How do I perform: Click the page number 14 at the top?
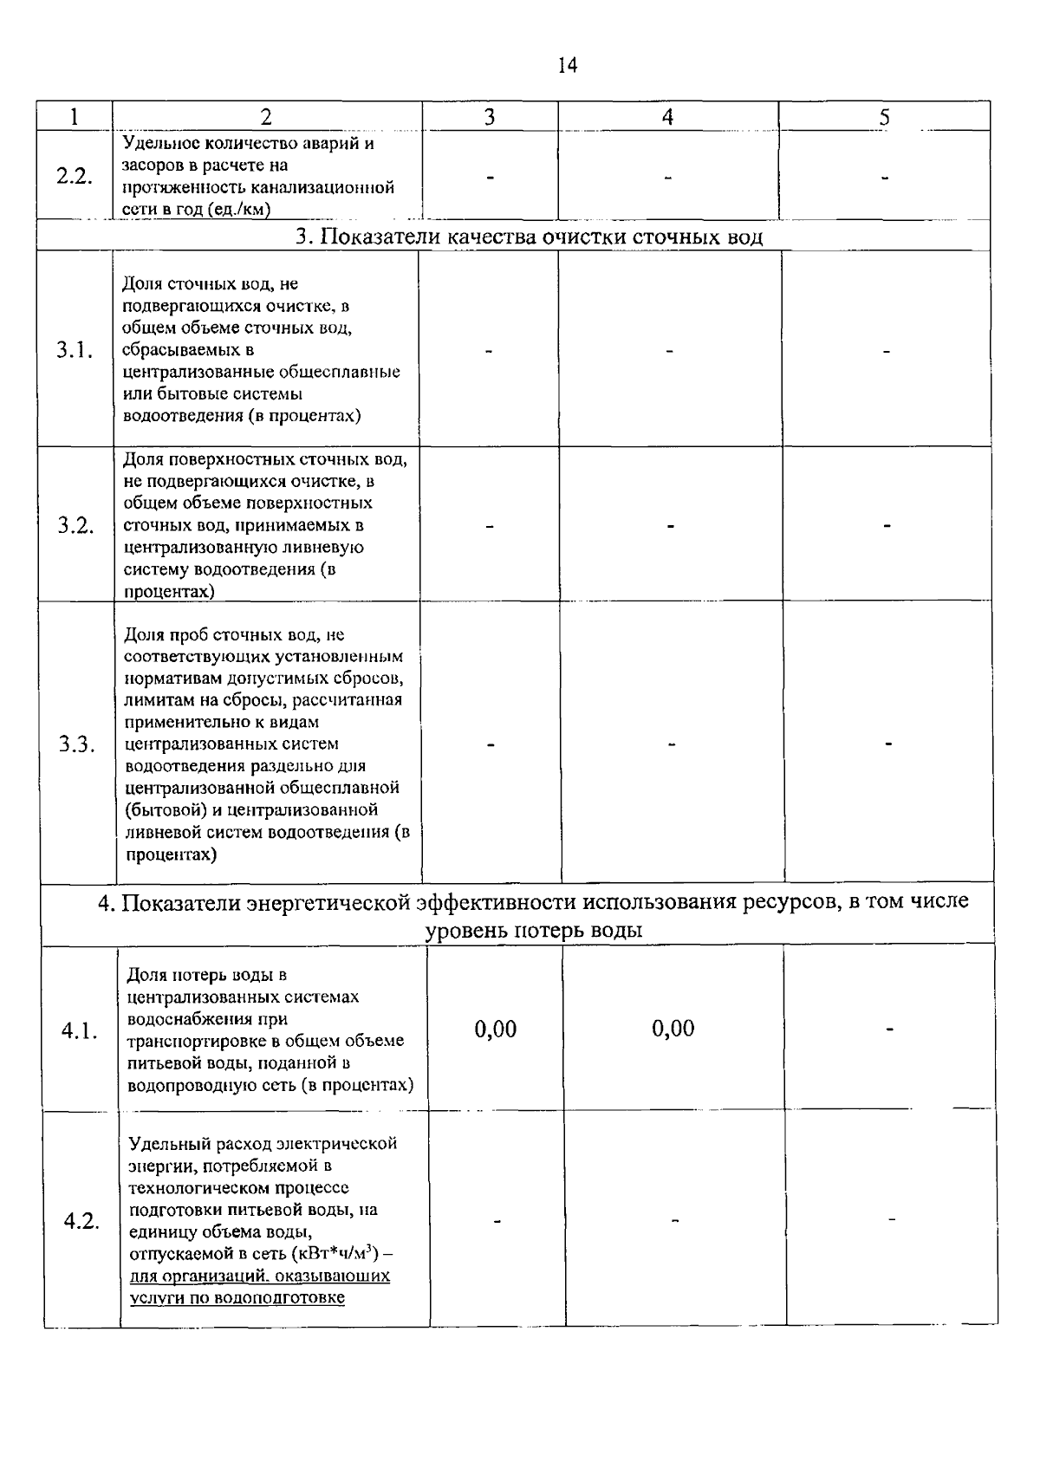568,66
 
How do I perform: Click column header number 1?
75,117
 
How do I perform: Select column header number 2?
266,117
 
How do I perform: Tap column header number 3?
489,117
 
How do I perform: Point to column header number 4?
667,117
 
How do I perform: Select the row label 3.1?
75,350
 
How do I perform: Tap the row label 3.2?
76,526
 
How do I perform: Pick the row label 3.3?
77,744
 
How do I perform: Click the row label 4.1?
80,1031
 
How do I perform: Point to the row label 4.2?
81,1221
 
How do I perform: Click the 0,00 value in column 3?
496,1030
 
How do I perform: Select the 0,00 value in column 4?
673,1029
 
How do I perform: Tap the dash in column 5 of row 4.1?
889,1030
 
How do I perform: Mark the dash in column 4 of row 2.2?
667,178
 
